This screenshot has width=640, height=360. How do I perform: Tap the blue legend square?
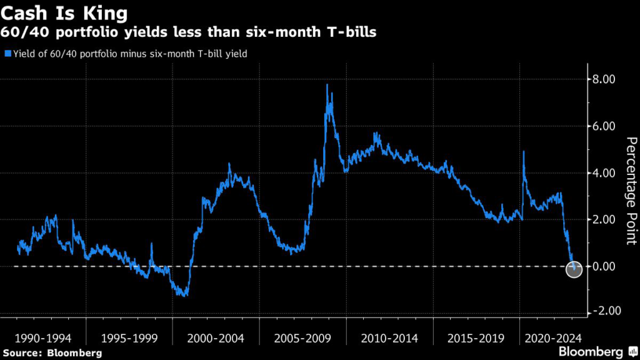7,54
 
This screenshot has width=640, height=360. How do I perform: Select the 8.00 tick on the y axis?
605,79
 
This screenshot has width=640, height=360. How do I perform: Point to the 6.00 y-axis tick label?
605,126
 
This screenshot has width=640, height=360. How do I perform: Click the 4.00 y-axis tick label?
605,173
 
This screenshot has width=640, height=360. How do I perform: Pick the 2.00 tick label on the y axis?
605,220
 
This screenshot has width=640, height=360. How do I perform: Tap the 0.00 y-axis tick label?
605,267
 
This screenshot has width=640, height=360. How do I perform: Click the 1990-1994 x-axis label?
43,338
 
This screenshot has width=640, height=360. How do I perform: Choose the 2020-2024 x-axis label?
553,338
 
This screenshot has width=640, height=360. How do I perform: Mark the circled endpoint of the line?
574,269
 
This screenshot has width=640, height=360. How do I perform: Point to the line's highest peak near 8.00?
327,85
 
